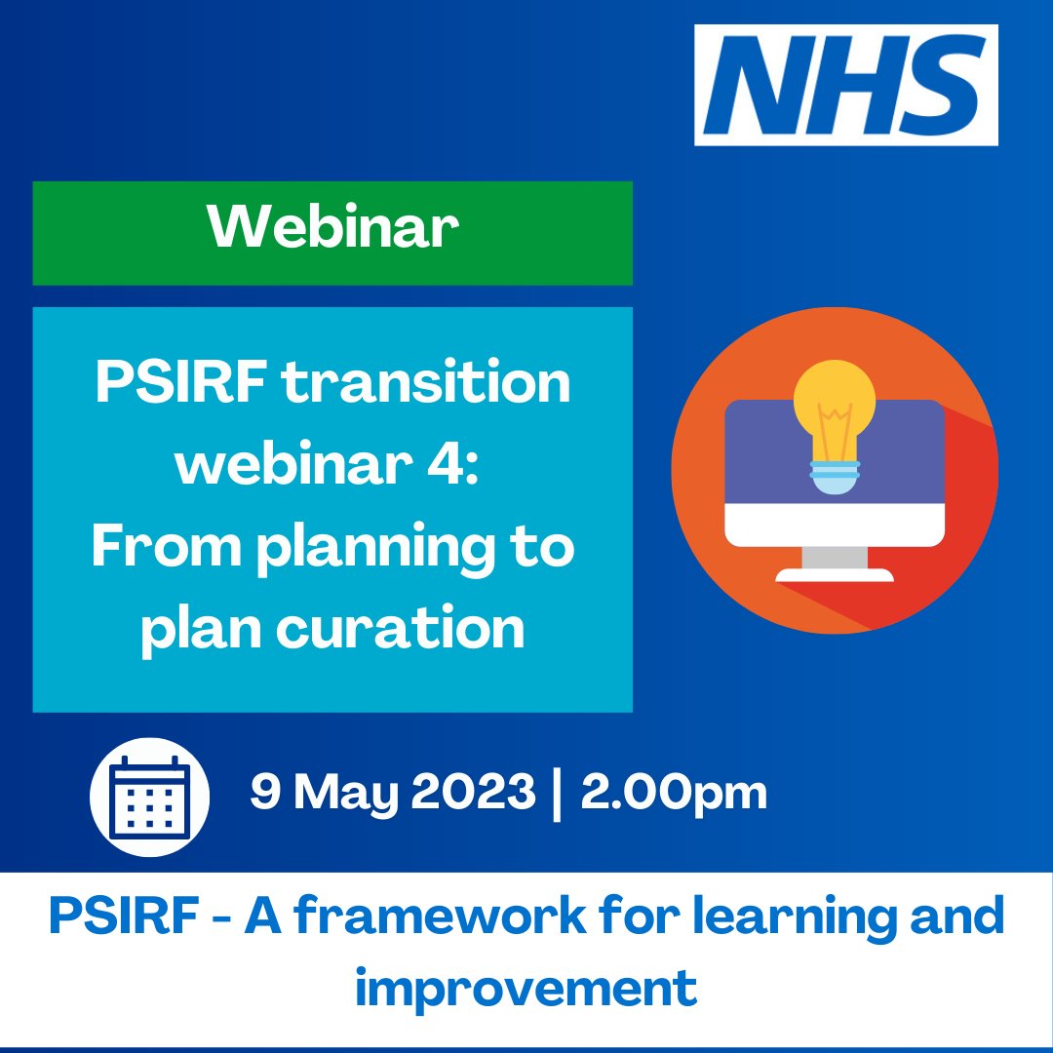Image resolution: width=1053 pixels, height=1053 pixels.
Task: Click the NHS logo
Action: click(x=845, y=85)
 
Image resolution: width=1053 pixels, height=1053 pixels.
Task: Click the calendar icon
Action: click(x=150, y=795)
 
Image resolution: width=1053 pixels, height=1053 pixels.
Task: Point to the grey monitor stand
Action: click(x=835, y=562)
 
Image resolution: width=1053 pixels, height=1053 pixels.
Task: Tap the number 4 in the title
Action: click(x=457, y=466)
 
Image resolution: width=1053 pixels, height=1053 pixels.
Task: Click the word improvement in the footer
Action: click(x=526, y=989)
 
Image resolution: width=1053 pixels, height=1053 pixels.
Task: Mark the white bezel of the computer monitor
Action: click(x=835, y=526)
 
